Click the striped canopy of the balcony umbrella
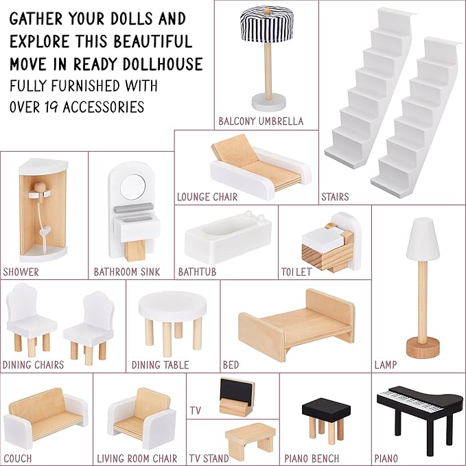[266, 25]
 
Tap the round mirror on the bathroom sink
[133, 187]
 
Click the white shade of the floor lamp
[423, 240]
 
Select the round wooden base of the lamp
[423, 347]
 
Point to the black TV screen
[237, 391]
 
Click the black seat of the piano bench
[326, 410]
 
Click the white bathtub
[229, 237]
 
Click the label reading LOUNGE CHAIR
[207, 197]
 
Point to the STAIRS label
[335, 197]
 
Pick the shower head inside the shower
[40, 188]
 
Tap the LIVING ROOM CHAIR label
[137, 458]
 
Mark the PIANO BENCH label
[312, 458]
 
